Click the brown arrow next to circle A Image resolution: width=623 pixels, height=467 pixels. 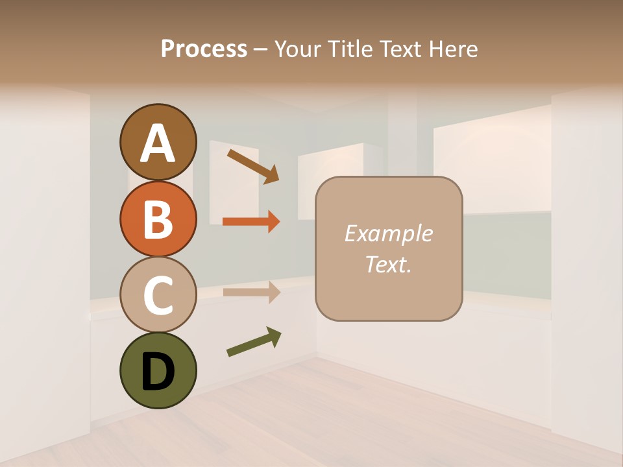(253, 166)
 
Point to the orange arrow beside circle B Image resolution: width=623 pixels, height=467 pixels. (251, 222)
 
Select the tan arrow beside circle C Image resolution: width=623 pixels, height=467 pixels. (251, 292)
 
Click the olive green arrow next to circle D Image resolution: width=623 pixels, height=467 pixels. (254, 342)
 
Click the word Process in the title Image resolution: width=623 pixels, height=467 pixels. (204, 49)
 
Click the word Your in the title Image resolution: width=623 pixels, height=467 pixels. (298, 49)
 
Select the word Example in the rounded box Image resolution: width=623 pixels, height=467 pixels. (388, 233)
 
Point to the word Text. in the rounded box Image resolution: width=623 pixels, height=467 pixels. (388, 264)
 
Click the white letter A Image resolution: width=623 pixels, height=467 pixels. (158, 144)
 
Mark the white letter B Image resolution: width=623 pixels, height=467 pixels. (158, 220)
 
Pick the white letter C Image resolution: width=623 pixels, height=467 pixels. (158, 296)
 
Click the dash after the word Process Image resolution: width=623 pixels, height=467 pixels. (261, 50)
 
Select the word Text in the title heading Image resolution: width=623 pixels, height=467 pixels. (398, 49)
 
